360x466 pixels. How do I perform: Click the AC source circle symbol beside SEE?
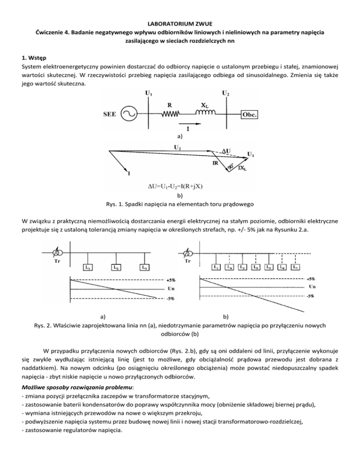click(128, 114)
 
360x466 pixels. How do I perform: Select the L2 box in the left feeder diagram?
click(115, 267)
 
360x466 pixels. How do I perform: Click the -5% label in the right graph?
click(310, 296)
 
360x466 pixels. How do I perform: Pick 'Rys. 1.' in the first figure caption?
click(111, 204)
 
